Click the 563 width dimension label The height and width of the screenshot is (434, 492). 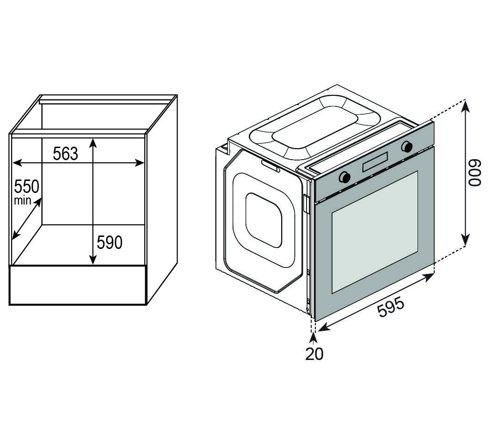[65, 153]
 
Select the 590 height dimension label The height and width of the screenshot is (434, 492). [110, 242]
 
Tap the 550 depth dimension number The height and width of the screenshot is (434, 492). [26, 187]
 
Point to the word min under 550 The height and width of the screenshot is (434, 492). [22, 200]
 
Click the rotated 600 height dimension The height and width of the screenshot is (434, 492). [475, 173]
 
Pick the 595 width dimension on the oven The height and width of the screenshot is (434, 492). [391, 307]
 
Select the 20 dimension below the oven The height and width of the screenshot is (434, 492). [314, 354]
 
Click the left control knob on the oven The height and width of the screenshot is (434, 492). [344, 177]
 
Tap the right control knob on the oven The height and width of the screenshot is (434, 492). [407, 147]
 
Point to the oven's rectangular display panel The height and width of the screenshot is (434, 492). [375, 162]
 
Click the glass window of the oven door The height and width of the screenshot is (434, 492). [375, 231]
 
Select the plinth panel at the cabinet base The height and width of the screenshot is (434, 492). [78, 285]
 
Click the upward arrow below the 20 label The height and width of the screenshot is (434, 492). [314, 337]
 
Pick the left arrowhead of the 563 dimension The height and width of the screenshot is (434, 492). [15, 162]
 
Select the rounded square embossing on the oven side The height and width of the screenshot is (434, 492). [264, 220]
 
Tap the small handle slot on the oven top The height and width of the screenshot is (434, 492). [270, 166]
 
